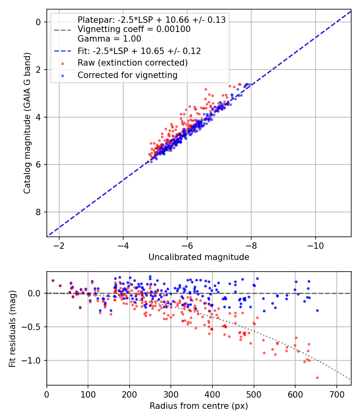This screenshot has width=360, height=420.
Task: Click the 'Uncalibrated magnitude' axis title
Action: click(x=199, y=257)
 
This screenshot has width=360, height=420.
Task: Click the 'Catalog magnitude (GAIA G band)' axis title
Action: click(x=27, y=123)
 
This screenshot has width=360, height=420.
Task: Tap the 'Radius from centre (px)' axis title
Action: click(x=199, y=406)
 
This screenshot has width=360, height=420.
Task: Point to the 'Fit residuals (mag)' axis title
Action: click(x=12, y=329)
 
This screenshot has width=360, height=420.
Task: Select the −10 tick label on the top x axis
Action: click(x=315, y=246)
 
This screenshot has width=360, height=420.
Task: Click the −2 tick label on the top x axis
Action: click(x=59, y=246)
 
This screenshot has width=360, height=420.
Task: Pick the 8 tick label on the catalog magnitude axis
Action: click(x=38, y=212)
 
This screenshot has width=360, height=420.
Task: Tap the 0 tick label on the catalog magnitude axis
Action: click(x=38, y=22)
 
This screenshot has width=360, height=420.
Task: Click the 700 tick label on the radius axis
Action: click(x=336, y=394)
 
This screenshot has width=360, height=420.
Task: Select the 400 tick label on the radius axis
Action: click(x=212, y=394)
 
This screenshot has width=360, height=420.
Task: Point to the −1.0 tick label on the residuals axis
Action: click(x=31, y=360)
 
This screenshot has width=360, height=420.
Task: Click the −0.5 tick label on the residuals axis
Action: click(x=31, y=327)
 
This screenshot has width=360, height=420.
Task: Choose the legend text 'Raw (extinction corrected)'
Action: click(x=132, y=63)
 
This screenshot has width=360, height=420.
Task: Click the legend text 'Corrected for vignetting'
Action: click(x=128, y=75)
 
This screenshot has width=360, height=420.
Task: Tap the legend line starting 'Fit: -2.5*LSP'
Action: click(x=139, y=51)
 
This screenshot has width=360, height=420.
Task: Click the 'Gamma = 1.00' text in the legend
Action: click(x=109, y=38)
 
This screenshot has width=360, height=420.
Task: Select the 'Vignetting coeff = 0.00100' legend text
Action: click(x=134, y=29)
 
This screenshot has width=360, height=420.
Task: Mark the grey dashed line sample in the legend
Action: click(x=63, y=30)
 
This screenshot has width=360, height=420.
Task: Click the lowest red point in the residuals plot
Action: click(x=318, y=378)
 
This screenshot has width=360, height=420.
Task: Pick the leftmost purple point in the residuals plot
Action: click(x=53, y=280)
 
